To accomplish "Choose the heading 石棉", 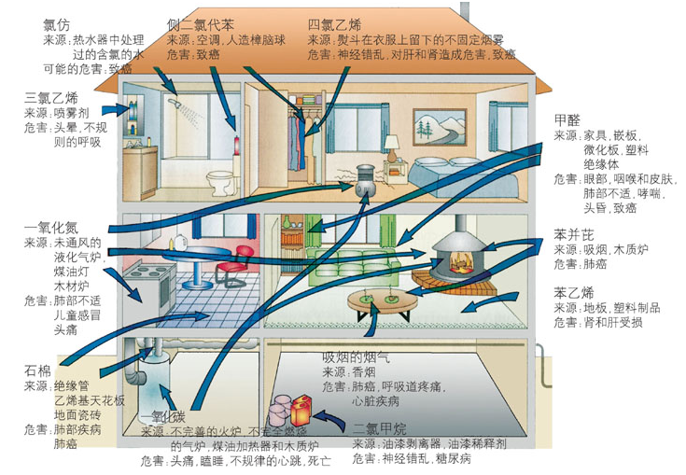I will coord(37,370).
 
